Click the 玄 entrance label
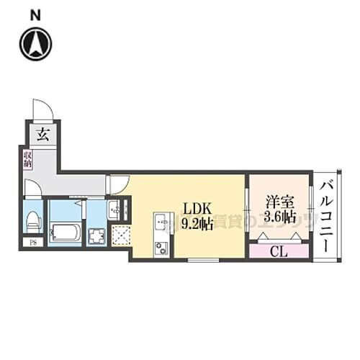(x=42, y=135)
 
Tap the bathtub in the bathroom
(x=66, y=233)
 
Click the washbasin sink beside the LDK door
(x=116, y=211)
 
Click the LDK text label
(x=197, y=208)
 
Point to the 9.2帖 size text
(x=197, y=224)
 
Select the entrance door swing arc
(x=43, y=109)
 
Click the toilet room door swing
(x=32, y=189)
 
